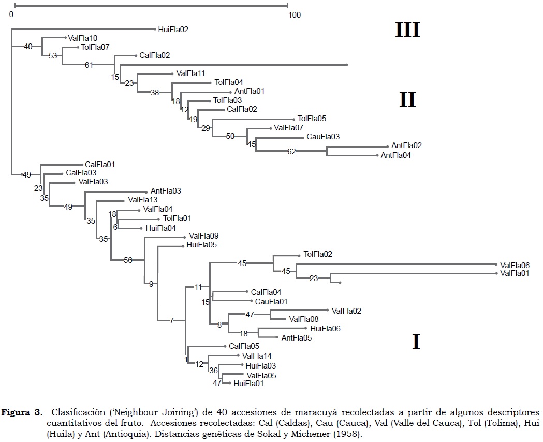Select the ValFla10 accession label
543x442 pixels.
click(82, 38)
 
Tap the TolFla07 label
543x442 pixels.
click(95, 47)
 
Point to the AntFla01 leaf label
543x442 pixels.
click(250, 91)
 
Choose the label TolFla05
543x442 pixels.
click(312, 119)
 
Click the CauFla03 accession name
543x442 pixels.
click(323, 137)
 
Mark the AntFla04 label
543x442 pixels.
click(396, 155)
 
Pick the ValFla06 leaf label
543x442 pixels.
click(515, 264)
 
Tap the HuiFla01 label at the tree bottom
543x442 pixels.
click(248, 384)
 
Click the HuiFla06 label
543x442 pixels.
click(325, 329)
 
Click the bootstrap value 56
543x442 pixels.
click(128, 260)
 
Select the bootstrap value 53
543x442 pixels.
click(53, 56)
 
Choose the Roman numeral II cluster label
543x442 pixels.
click(407, 99)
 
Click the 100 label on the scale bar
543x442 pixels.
click(295, 15)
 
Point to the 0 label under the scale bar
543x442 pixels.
click(11, 15)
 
